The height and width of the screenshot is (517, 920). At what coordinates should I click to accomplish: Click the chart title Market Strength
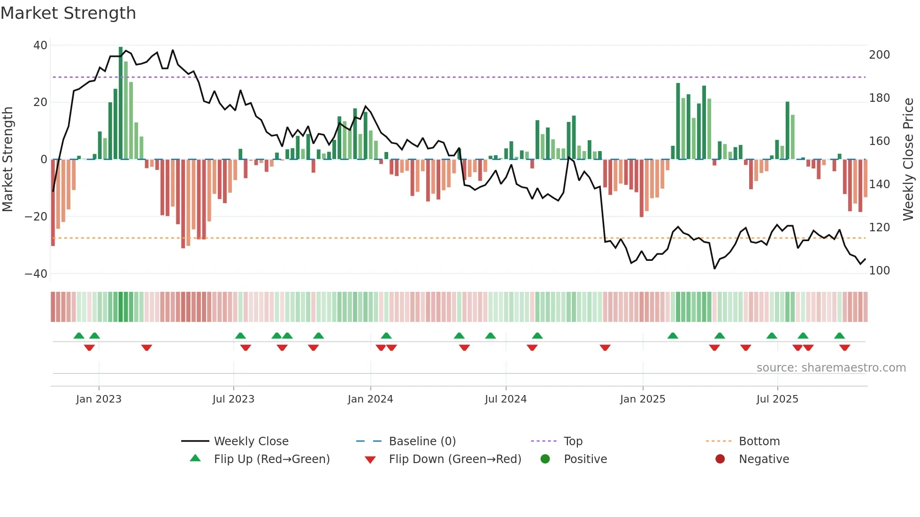(68, 13)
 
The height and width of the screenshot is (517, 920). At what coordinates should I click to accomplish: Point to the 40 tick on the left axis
(40, 46)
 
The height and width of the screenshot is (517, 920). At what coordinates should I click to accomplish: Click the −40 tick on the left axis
(36, 274)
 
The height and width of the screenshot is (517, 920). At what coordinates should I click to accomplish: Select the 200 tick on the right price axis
(879, 55)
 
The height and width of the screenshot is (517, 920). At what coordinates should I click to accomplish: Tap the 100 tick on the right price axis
(879, 271)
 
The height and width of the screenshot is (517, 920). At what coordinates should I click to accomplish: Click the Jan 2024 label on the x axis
(370, 399)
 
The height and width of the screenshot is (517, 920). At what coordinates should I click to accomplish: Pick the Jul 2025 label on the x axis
(777, 399)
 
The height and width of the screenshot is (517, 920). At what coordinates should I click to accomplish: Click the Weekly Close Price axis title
(908, 160)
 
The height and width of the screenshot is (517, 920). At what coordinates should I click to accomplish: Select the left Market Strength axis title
(8, 160)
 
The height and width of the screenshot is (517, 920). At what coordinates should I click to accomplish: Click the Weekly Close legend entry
(251, 441)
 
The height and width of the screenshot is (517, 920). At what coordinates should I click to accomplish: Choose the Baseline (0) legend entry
(422, 441)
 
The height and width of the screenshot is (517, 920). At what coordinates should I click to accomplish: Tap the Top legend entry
(573, 441)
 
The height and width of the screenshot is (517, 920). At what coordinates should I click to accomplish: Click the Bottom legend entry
(759, 441)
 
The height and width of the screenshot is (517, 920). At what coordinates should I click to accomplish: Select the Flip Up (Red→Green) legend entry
(272, 459)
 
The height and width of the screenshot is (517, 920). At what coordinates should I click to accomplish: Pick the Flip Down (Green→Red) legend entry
(455, 459)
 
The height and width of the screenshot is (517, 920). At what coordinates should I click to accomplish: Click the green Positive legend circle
(545, 459)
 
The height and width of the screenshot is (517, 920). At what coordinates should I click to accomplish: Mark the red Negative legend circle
(720, 459)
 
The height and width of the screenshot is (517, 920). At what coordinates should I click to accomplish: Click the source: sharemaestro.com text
(831, 368)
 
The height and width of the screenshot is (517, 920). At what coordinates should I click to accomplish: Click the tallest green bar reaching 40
(121, 103)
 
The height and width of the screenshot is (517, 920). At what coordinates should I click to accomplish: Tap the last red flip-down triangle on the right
(844, 348)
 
